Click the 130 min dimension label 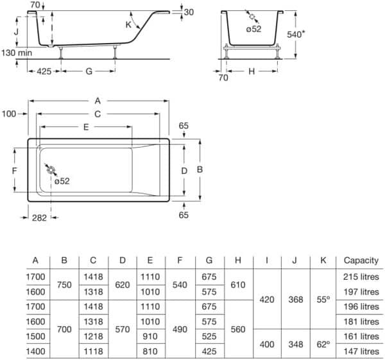coord(17,53)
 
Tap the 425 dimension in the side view coord(44,71)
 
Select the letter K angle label coord(128,24)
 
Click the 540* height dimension coord(296,34)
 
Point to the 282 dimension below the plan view coord(39,218)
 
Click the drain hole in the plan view coord(51,170)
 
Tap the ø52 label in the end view coord(253,29)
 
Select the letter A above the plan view coord(98,101)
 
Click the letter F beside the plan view coord(15,171)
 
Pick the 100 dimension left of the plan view coord(9,114)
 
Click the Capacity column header coord(361,261)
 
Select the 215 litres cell coord(361,277)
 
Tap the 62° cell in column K coord(323,345)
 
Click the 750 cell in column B coord(64,285)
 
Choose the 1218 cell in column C coord(93,336)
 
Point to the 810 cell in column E coord(150,351)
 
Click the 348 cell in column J coord(296,345)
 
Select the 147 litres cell coord(361,352)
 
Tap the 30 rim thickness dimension coord(189,12)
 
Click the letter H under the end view coord(252,71)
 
